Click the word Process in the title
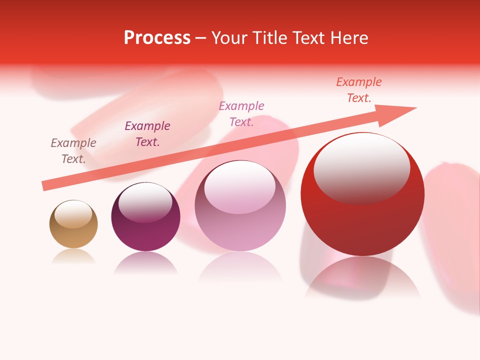coord(157,38)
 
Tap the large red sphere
coord(362,220)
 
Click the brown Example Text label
coord(73,151)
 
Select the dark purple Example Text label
coord(147,134)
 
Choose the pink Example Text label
coord(241,114)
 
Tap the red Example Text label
coord(359,90)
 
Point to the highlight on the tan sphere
coord(73,214)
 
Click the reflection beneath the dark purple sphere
coord(145,262)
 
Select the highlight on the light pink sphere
coord(240,186)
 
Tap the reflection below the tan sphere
coord(73,256)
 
